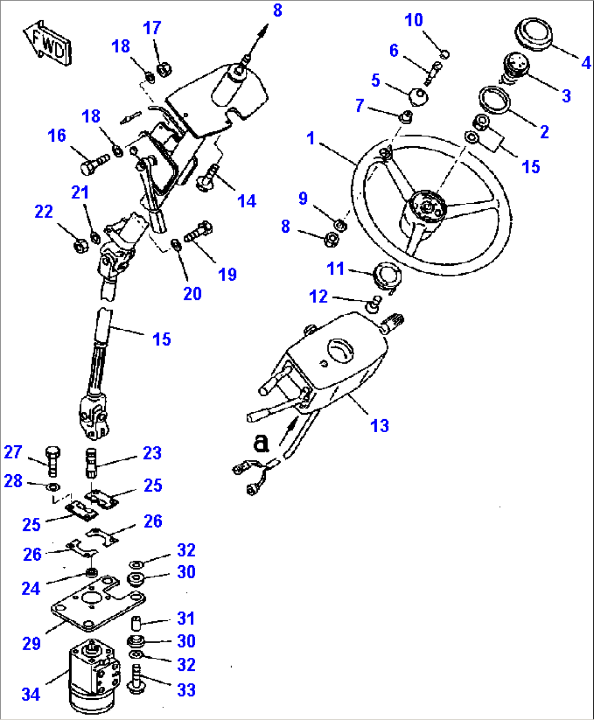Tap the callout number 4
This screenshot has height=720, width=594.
pyautogui.click(x=586, y=63)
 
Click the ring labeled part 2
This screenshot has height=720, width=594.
pyautogui.click(x=494, y=100)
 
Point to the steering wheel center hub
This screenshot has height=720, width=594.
pyautogui.click(x=428, y=207)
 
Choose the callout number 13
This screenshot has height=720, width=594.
pyautogui.click(x=380, y=426)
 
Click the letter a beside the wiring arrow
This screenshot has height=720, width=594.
pyautogui.click(x=262, y=443)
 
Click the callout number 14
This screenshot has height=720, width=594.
pyautogui.click(x=247, y=201)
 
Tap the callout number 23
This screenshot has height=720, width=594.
pyautogui.click(x=152, y=453)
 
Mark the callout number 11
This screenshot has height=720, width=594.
pyautogui.click(x=335, y=268)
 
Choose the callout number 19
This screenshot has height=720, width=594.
pyautogui.click(x=227, y=274)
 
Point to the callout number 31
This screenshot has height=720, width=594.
pyautogui.click(x=186, y=618)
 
